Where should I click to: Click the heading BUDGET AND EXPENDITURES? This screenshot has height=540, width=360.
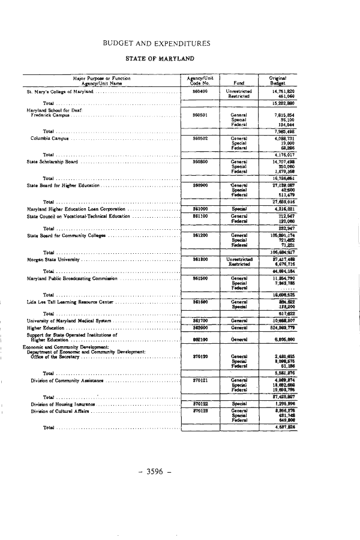(157, 43)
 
